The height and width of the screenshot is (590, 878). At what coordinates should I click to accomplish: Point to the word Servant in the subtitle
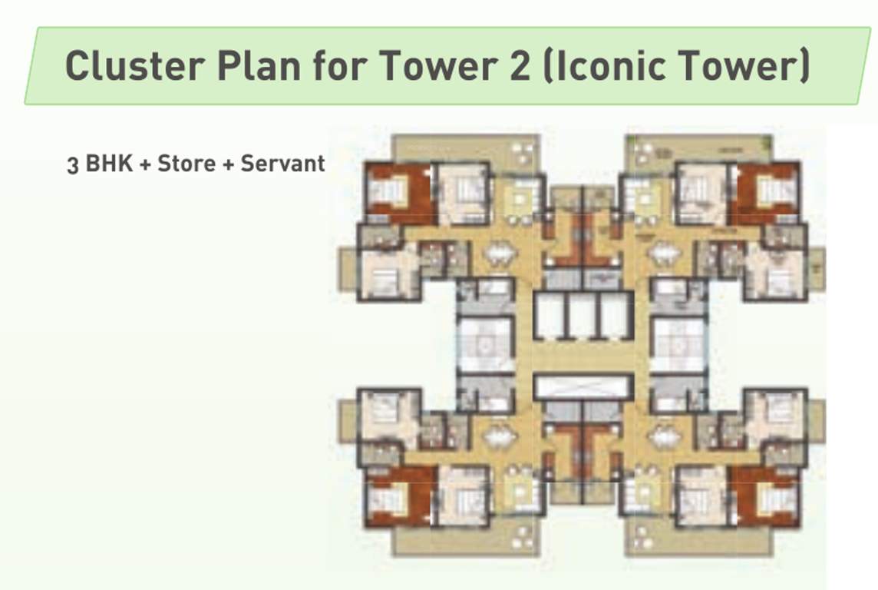[282, 164]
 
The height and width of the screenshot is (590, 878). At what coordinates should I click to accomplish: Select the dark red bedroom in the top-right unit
[767, 193]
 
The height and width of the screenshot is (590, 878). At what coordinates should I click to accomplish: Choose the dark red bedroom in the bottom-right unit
[767, 497]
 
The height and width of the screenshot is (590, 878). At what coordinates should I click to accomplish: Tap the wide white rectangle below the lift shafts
[583, 386]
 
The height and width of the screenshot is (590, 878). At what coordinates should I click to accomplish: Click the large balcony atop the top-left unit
[466, 147]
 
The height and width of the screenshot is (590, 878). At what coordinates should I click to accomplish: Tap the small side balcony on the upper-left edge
[348, 269]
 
